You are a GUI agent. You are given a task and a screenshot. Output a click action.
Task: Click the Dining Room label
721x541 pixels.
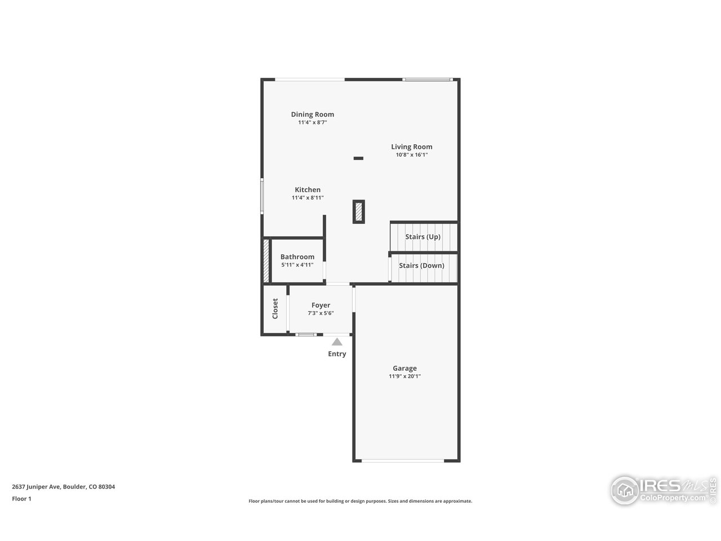(x=312, y=114)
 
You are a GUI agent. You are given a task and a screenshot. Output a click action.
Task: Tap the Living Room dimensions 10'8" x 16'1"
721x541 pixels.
(x=412, y=155)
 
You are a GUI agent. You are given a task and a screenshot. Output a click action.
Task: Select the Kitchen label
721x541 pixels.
(x=308, y=190)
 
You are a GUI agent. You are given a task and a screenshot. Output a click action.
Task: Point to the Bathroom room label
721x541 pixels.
(x=297, y=257)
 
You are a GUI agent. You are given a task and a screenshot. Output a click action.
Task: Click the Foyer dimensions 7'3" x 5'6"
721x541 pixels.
(x=321, y=313)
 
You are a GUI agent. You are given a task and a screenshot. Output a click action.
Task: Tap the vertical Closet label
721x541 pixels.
(x=275, y=308)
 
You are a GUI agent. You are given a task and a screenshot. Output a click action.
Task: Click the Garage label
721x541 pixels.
(x=404, y=369)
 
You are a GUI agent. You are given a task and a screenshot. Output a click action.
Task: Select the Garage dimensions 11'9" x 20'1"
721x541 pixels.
(x=404, y=376)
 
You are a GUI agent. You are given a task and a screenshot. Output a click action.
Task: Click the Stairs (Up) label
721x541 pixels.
(x=422, y=237)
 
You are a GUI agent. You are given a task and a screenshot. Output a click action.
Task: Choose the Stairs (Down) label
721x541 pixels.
(x=421, y=265)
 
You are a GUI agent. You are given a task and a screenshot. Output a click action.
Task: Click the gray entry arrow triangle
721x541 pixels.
(x=337, y=342)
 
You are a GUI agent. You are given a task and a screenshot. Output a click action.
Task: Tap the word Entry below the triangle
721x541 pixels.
(x=337, y=354)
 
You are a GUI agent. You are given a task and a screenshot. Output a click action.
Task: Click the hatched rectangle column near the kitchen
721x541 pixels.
(x=359, y=212)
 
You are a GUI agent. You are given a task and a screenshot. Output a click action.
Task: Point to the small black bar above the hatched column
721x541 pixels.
(x=358, y=158)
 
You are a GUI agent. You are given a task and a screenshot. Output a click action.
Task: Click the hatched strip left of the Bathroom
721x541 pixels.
(x=266, y=261)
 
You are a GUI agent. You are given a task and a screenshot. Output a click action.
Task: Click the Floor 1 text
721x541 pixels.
(x=21, y=499)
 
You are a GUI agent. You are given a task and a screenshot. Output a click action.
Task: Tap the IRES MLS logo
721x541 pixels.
(x=664, y=490)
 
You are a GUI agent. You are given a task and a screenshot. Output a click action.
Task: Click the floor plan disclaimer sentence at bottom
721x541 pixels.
(x=360, y=501)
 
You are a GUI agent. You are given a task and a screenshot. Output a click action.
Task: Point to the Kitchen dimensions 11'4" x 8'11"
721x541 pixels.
(x=308, y=198)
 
